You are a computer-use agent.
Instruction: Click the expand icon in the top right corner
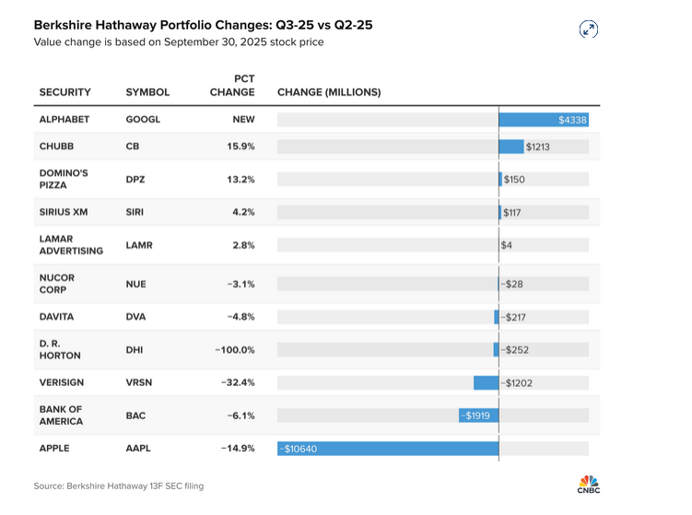coord(589,29)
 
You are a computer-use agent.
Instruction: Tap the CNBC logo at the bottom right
coord(588,485)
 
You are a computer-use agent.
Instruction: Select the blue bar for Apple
coord(388,449)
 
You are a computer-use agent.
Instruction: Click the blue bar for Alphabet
coord(544,120)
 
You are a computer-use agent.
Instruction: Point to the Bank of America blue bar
coord(478,416)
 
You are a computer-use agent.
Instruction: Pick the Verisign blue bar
coord(486,382)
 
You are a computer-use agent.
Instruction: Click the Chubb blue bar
coord(511,146)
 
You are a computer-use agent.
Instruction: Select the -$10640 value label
coord(299,449)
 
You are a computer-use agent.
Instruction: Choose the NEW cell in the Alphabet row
coord(243,120)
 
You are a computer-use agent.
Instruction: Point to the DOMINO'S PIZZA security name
coord(63,179)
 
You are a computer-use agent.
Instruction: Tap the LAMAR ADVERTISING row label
coord(70,244)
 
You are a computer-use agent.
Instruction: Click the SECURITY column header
coord(65,92)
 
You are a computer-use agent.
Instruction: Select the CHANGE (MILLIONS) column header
coord(328,92)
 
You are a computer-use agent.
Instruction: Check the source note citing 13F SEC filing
coord(119,486)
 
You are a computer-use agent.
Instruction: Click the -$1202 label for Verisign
coord(519,382)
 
